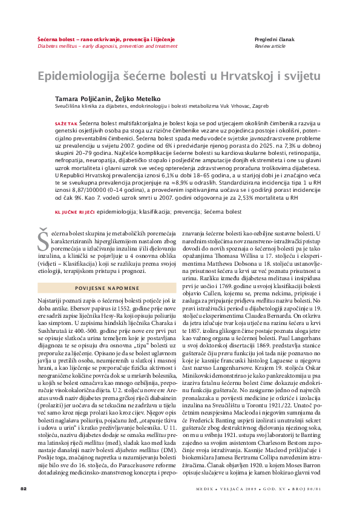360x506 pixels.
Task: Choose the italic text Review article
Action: click(270, 45)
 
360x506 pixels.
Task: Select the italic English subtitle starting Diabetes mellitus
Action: click(108, 45)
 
